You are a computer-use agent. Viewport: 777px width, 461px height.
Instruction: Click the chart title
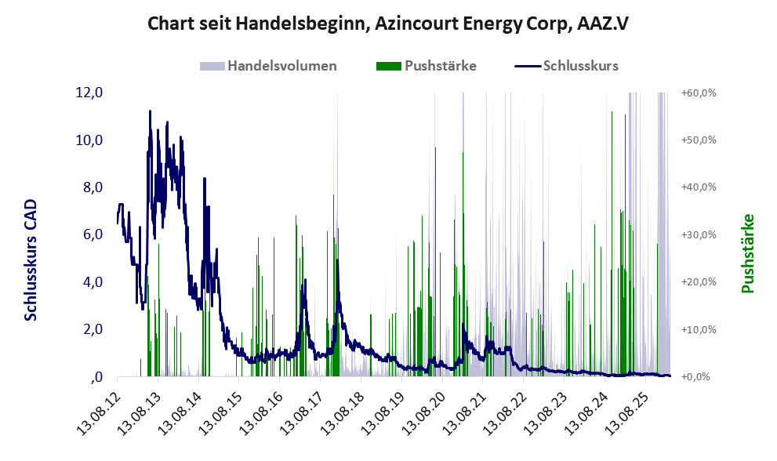point(388,24)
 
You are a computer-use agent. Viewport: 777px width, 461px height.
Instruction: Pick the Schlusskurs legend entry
point(581,66)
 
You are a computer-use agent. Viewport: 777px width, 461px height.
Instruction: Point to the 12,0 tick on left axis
point(89,93)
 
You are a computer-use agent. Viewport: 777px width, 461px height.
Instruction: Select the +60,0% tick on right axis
point(699,93)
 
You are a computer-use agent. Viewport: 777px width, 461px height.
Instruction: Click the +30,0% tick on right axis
point(699,234)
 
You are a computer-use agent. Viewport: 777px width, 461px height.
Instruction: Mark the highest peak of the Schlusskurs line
point(150,111)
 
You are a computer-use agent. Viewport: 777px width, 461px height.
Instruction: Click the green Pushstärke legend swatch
point(388,66)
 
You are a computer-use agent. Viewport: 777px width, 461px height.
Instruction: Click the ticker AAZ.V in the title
point(601,24)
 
